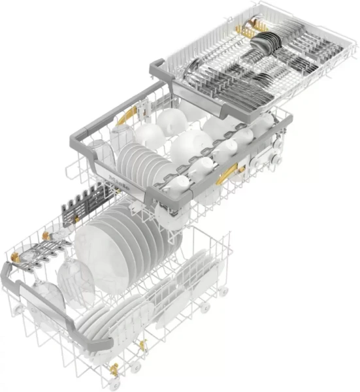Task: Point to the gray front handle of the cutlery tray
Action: pos(216,105)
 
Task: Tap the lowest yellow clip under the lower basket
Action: pos(114,370)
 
